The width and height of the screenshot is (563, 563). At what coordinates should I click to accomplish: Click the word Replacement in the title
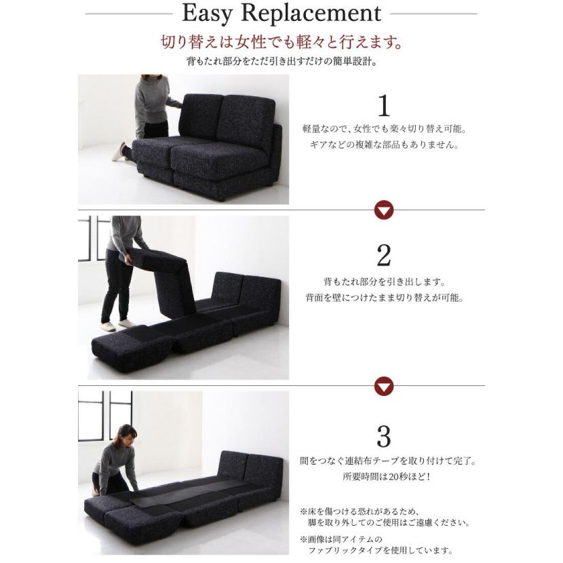[x=311, y=13]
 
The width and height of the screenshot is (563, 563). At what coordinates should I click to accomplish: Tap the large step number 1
[x=384, y=106]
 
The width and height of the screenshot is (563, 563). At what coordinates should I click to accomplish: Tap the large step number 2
[x=384, y=255]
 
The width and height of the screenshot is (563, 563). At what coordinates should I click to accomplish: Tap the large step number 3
[x=384, y=436]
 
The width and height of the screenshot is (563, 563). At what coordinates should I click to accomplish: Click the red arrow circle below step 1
[x=384, y=210]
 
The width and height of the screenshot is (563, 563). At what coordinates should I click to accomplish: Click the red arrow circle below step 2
[x=384, y=387]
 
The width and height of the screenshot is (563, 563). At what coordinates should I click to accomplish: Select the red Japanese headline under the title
[x=281, y=42]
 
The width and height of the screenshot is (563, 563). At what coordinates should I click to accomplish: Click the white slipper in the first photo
[x=119, y=152]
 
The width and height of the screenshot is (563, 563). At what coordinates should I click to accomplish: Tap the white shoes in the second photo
[x=117, y=325]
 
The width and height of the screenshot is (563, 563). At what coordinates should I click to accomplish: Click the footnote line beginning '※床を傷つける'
[x=360, y=511]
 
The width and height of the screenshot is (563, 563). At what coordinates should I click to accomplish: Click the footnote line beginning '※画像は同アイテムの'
[x=341, y=539]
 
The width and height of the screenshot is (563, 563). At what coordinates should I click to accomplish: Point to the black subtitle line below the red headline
[x=282, y=61]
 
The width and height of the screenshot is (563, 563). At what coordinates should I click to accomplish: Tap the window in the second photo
[x=94, y=238]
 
